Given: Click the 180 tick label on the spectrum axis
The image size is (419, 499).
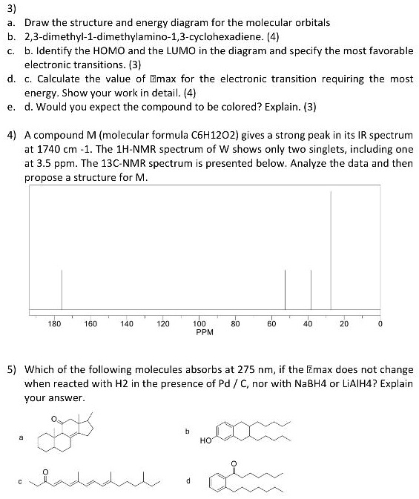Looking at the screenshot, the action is [x=54, y=323].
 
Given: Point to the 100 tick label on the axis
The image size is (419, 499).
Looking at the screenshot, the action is [x=199, y=323].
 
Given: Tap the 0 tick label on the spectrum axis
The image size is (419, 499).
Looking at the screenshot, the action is [x=380, y=323].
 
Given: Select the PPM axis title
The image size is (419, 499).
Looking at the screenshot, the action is [x=205, y=332].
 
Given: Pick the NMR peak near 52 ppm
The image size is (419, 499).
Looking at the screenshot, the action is [x=286, y=289].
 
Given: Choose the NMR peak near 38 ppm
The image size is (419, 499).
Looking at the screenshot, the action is [x=311, y=289].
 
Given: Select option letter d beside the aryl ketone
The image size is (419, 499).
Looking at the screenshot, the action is [x=188, y=480].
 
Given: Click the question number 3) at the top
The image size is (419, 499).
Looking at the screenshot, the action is [x=11, y=8].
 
